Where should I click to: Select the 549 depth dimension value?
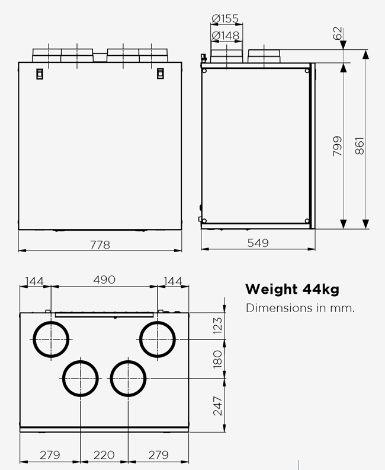258,243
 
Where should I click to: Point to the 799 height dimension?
337,146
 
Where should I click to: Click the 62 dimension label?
338,33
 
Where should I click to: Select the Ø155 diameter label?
225,18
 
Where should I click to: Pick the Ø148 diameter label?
225,36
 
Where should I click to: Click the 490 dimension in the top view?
104,280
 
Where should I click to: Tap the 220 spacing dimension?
104,455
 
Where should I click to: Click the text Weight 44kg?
292,290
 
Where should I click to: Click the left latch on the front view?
40,74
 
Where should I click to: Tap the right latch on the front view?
160,74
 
